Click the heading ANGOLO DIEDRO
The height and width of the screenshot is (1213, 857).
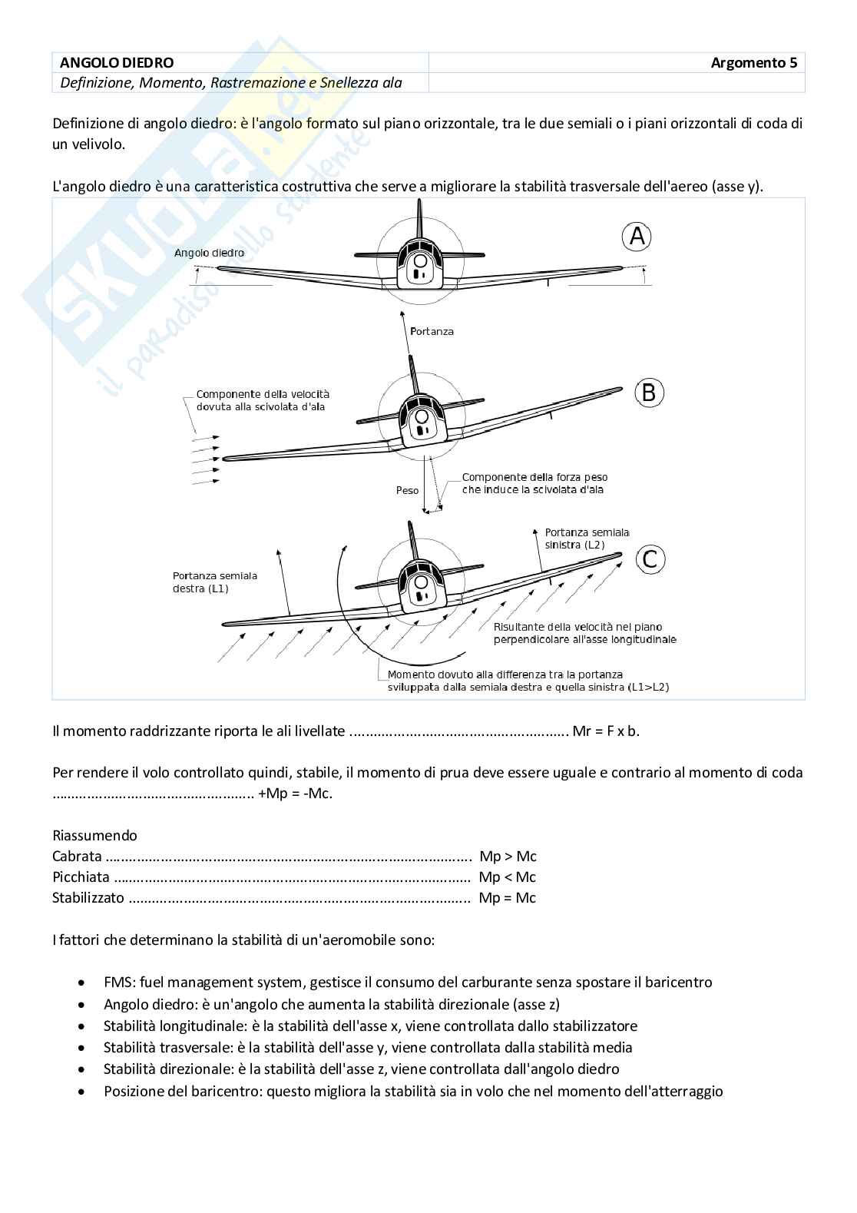pyautogui.click(x=117, y=63)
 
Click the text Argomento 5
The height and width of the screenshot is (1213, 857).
pyautogui.click(x=753, y=63)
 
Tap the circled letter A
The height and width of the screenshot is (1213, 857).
pyautogui.click(x=637, y=237)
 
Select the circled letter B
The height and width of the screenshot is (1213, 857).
pyautogui.click(x=649, y=393)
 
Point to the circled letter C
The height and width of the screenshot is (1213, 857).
pyautogui.click(x=650, y=558)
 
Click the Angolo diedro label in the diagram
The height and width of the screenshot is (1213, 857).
pyautogui.click(x=209, y=253)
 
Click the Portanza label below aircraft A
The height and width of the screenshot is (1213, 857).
pyautogui.click(x=432, y=331)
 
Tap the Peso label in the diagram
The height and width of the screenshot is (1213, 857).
pyautogui.click(x=407, y=489)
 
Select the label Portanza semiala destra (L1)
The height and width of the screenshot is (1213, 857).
pyautogui.click(x=215, y=582)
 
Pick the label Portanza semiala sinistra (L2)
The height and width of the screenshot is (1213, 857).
pyautogui.click(x=587, y=538)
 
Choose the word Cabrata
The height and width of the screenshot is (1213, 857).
pyautogui.click(x=77, y=856)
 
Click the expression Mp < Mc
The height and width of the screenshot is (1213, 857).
pyautogui.click(x=507, y=877)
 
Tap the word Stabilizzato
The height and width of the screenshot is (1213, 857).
pyautogui.click(x=88, y=897)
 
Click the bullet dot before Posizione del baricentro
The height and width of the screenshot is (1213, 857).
pyautogui.click(x=82, y=1091)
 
